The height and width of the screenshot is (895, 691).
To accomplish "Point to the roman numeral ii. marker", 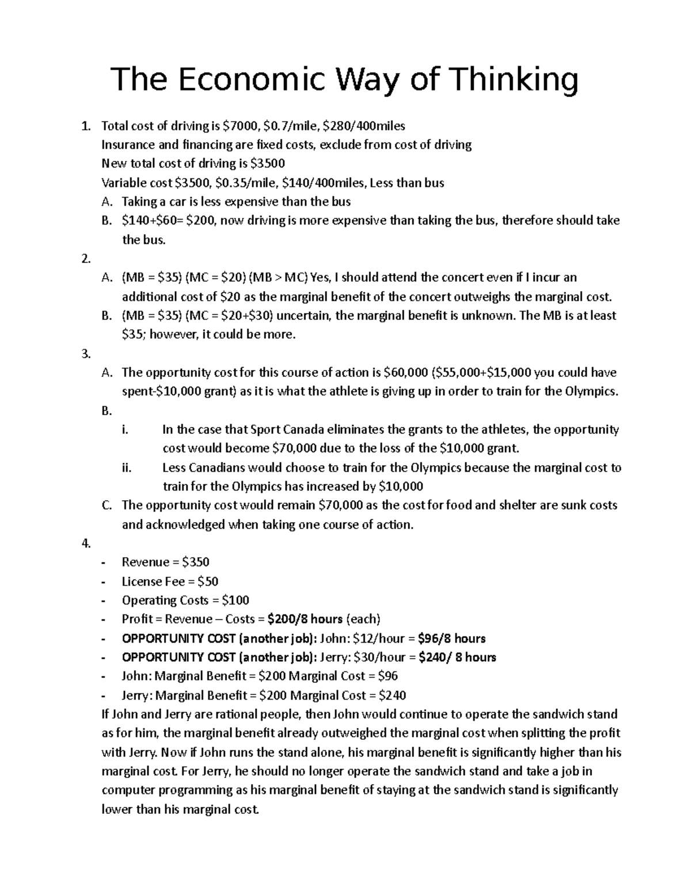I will [x=127, y=468].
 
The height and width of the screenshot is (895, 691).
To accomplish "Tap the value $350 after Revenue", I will [x=195, y=562].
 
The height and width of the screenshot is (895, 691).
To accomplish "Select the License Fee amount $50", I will [x=207, y=581].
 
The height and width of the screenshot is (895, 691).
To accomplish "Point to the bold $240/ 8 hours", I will [x=457, y=658].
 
